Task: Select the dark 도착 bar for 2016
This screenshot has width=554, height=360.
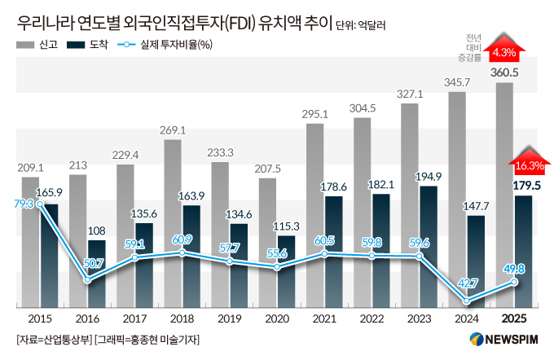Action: pos(96,274)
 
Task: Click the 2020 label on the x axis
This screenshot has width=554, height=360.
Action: pos(278,319)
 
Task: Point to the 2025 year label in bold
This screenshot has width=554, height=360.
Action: pos(515,319)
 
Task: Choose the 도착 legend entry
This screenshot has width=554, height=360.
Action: pos(89,45)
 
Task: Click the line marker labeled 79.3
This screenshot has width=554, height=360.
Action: pos(42,204)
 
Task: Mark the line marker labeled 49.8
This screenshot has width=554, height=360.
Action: pos(514,282)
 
